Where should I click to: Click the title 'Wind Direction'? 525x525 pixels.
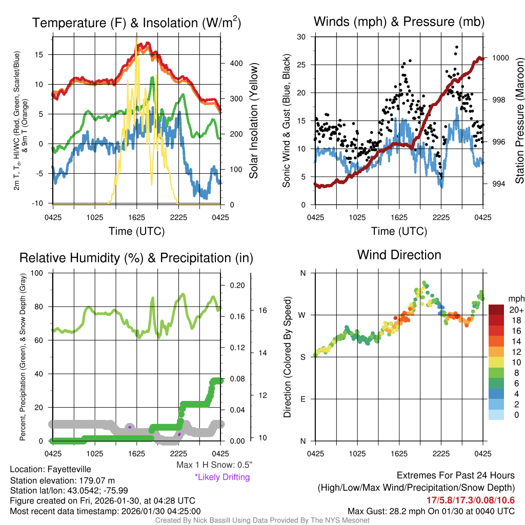[399, 255]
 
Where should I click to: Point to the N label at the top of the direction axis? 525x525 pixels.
[302, 273]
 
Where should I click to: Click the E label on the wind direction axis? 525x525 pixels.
[302, 399]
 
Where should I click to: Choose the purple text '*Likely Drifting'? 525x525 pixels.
[222, 477]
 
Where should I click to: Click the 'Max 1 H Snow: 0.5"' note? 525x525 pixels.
[214, 465]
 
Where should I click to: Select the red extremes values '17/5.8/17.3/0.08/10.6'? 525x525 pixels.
[470, 500]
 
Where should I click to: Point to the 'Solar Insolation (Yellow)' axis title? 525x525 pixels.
[254, 120]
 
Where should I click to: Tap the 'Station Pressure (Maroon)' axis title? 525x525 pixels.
[519, 120]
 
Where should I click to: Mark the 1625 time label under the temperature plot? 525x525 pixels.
[137, 216]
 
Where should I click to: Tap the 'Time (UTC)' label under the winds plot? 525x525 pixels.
[399, 231]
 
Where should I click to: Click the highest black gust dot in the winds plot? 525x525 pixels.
[456, 47]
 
